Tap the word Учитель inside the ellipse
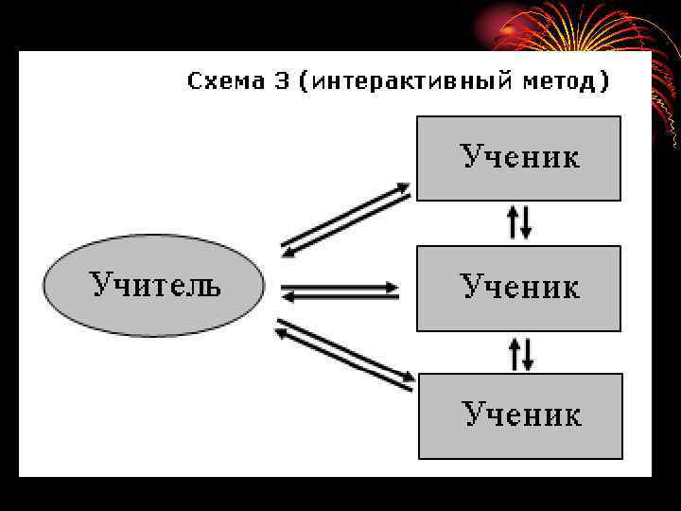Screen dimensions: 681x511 pyautogui.click(x=155, y=284)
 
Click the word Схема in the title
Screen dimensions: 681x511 pyautogui.click(x=226, y=81)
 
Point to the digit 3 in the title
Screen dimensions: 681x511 pyautogui.click(x=281, y=81)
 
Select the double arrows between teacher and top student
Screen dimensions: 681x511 pyautogui.click(x=346, y=219)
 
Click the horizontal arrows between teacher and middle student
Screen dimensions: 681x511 pyautogui.click(x=340, y=291)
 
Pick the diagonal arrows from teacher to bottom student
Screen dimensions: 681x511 pyautogui.click(x=345, y=355)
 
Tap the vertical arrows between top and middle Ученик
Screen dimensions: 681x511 pyautogui.click(x=519, y=221)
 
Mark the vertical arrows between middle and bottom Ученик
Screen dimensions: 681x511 pyautogui.click(x=520, y=353)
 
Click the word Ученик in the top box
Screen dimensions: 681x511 pyautogui.click(x=520, y=156)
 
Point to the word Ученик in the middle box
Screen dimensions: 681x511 pyautogui.click(x=519, y=286)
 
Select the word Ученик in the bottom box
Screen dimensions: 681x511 pyautogui.click(x=521, y=414)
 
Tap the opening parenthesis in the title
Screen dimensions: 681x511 pyautogui.click(x=303, y=82)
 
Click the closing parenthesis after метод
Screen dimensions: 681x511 pyautogui.click(x=603, y=82)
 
